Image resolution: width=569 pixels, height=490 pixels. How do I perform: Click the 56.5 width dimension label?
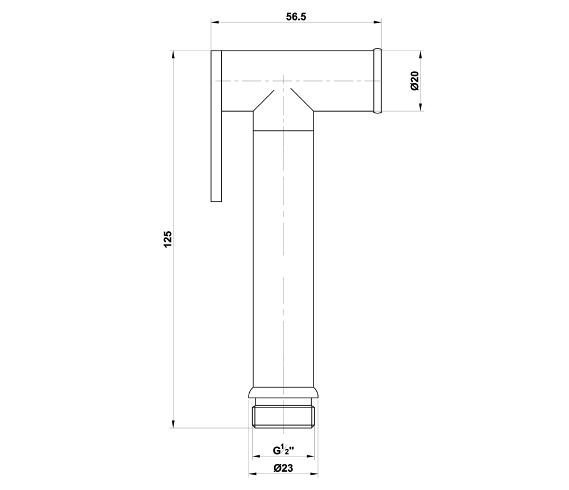[x=296, y=17]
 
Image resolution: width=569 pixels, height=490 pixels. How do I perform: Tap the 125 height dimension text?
[x=168, y=239]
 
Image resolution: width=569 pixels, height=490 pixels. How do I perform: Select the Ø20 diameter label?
[x=414, y=81]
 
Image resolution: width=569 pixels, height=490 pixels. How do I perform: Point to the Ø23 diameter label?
[x=283, y=468]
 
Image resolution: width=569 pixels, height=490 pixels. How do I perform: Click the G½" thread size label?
[x=283, y=450]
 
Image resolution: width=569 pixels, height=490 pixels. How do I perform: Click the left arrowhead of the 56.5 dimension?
[x=215, y=23]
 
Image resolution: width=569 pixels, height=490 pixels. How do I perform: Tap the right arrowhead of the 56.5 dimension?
[x=377, y=23]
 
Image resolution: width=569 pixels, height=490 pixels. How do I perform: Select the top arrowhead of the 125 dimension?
[x=173, y=55]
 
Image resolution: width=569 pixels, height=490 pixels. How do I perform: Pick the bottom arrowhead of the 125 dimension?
[x=173, y=424]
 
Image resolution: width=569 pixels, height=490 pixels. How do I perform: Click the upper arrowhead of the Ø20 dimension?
[x=420, y=55]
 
